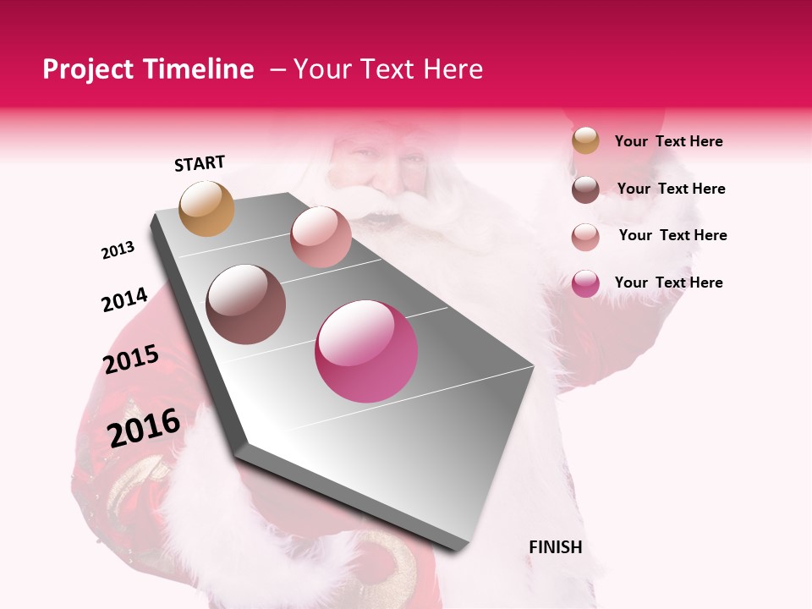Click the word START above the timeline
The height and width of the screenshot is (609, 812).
coord(200,163)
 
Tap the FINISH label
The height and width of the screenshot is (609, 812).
coord(555,547)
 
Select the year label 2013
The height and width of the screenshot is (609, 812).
coord(118,250)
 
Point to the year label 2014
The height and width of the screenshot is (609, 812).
coord(124,299)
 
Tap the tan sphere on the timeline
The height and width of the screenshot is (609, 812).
coord(207,208)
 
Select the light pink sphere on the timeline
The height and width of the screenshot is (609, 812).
coord(321,237)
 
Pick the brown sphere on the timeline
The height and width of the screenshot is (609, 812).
coord(246,304)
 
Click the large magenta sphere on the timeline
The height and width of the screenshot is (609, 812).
coord(366,352)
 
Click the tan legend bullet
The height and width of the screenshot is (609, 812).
coord(585,141)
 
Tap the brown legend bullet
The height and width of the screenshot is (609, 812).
coord(585,189)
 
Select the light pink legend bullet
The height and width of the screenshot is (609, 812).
coord(585,236)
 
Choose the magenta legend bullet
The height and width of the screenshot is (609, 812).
coord(585,283)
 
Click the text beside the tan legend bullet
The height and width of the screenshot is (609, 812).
coord(668,141)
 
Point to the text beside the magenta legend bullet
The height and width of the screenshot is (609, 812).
coord(668,283)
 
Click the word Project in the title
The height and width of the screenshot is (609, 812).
coord(88,69)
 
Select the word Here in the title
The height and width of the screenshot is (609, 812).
coord(453,69)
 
